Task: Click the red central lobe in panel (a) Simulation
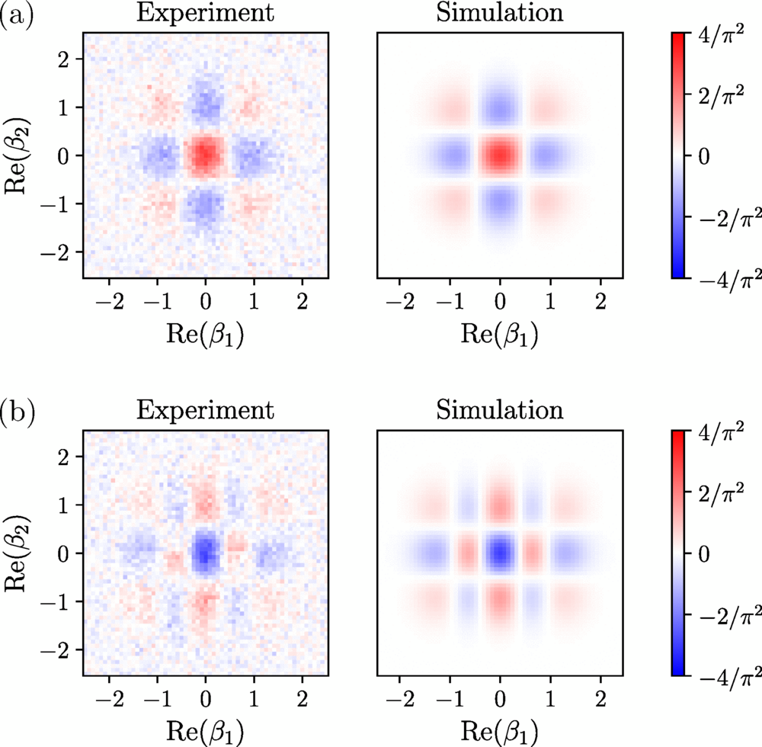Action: point(500,155)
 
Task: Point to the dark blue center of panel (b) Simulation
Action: point(500,551)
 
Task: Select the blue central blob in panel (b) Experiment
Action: point(204,551)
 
